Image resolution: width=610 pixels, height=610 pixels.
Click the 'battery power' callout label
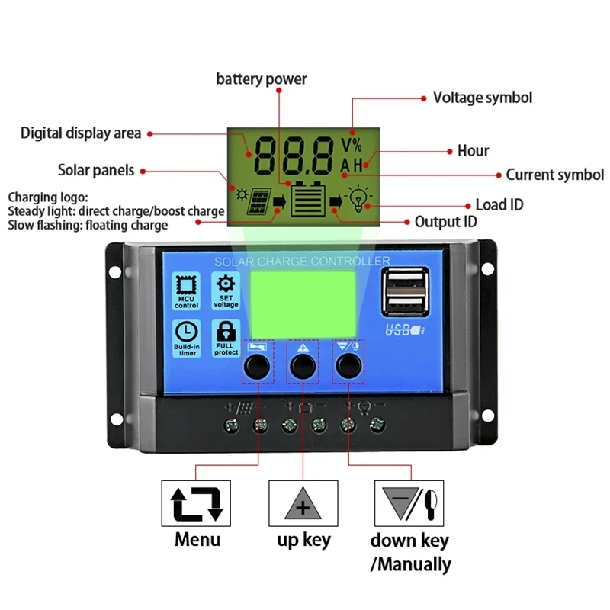pos(262,79)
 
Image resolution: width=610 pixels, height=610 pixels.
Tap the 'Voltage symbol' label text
pos(482,98)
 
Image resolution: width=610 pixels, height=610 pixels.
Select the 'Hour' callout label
pos(473,151)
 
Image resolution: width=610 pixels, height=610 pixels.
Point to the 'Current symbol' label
pos(554,175)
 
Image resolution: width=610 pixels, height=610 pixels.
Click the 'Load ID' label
pos(499,204)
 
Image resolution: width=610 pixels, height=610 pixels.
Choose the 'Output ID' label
pos(445,222)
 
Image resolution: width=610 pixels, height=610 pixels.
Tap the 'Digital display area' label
pos(81,133)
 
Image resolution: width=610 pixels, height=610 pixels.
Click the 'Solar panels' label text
pos(96,170)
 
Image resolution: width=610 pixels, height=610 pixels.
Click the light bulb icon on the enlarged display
pos(358,199)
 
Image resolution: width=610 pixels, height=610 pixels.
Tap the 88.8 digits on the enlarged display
pos(294,156)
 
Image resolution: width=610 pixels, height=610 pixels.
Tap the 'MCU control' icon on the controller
pos(186,291)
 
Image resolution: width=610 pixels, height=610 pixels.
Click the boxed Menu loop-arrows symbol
pos(196,502)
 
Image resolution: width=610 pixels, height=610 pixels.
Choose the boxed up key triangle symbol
pos(303,502)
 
